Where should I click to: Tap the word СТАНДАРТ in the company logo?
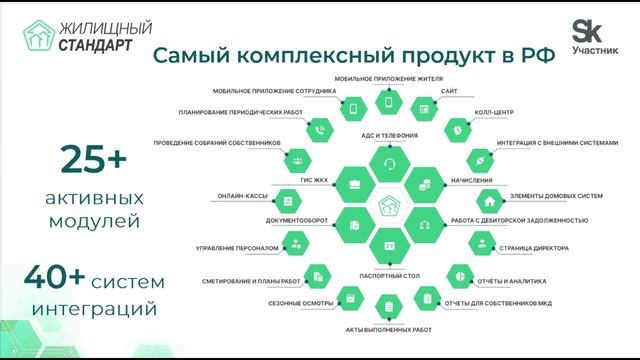click(98, 44)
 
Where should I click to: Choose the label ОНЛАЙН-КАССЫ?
click(240, 196)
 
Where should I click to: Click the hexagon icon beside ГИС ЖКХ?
click(350, 185)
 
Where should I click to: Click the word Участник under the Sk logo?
click(595, 49)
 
